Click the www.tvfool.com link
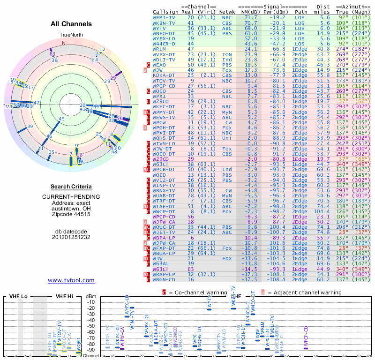pos(71,280)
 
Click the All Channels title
pos(71,24)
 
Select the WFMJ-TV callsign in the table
pos(164,17)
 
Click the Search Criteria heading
pos(71,187)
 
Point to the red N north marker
pos(64,43)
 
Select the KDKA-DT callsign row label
pos(164,75)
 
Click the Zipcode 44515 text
pos(71,214)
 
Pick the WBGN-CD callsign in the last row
pos(164,279)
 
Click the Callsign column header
pos(165,12)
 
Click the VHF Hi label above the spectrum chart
pos(65,296)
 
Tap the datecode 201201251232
pos(71,237)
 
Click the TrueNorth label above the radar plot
pos(71,35)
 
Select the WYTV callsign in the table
pos(161,28)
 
